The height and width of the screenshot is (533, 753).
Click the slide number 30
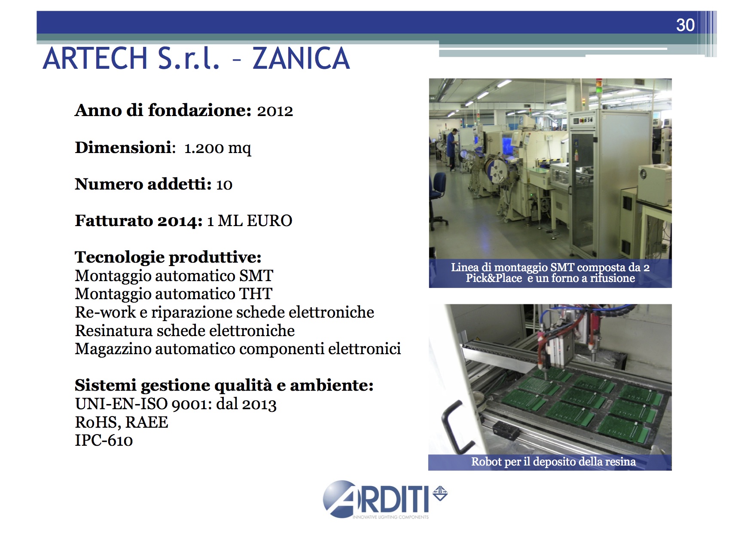[x=685, y=25]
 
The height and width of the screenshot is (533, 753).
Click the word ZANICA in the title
[x=301, y=58]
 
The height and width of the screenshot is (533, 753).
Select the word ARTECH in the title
[x=95, y=58]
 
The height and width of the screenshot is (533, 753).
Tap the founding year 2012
[x=275, y=111]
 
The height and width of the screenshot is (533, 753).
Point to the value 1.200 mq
[x=218, y=148]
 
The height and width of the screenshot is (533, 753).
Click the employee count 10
[x=224, y=185]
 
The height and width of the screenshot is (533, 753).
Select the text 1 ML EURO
[x=250, y=221]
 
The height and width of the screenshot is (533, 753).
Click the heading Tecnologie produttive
[x=168, y=257]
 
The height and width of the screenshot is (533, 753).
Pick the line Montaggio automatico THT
[x=174, y=294]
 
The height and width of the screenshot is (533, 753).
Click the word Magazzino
[x=113, y=349]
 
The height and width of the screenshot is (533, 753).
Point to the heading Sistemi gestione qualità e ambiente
[x=224, y=386]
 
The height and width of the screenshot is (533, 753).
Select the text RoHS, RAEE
[x=122, y=423]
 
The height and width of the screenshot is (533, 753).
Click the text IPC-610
[x=104, y=441]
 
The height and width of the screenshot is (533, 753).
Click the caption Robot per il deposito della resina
[x=553, y=462]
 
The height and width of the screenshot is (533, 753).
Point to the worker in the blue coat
[x=451, y=149]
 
